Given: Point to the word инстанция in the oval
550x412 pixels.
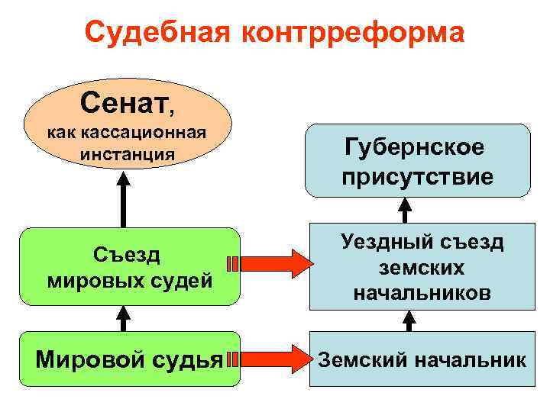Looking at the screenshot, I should click(126, 154).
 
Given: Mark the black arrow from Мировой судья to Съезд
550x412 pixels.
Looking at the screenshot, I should click(122, 318).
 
